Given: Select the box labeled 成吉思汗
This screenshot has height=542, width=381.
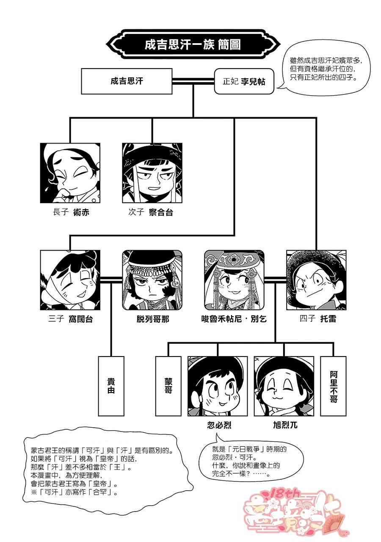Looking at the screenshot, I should [126, 81].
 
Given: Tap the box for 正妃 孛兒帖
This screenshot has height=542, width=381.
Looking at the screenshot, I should [244, 81].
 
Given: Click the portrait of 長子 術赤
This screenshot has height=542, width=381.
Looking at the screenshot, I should [70, 173].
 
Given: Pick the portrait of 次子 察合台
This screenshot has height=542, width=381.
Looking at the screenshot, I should [152, 173].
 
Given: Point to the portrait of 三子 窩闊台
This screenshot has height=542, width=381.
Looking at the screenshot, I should [70, 280].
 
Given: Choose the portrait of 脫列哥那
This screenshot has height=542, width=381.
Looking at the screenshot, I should [152, 280].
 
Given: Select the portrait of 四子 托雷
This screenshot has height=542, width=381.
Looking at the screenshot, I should [316, 280].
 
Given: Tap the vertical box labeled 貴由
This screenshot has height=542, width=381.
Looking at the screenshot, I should [111, 386].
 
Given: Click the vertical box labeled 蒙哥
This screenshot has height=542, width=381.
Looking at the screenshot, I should [168, 386].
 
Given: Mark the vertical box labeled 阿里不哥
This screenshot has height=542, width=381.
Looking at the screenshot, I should [333, 386].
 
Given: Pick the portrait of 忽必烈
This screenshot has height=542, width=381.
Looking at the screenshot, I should [218, 386].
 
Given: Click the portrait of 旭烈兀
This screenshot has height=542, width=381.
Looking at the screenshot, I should [284, 386].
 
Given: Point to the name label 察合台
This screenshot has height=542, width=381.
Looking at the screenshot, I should [161, 213].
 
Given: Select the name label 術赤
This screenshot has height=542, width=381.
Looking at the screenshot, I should [80, 213].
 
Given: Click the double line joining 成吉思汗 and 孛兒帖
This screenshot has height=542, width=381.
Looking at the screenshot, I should [193, 80].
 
